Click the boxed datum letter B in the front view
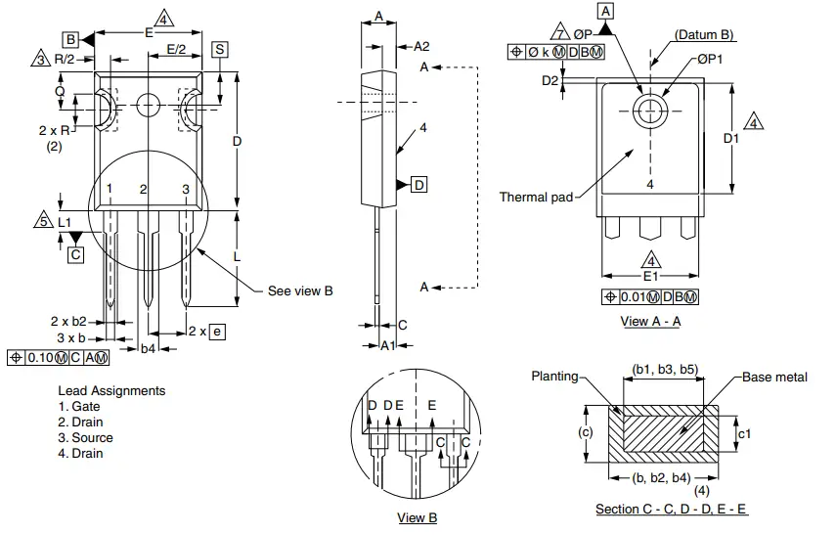70,39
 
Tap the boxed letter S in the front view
220,49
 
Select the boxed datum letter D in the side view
418,185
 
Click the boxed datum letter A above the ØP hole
605,11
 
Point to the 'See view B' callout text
300,290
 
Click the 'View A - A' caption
650,320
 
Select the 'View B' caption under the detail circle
418,517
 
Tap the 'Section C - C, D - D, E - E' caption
672,510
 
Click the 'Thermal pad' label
536,197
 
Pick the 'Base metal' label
774,377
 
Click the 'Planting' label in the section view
554,377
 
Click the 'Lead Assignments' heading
111,390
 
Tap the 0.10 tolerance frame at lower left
58,357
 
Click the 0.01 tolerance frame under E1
650,296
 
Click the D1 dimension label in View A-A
731,139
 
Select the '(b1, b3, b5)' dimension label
664,369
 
